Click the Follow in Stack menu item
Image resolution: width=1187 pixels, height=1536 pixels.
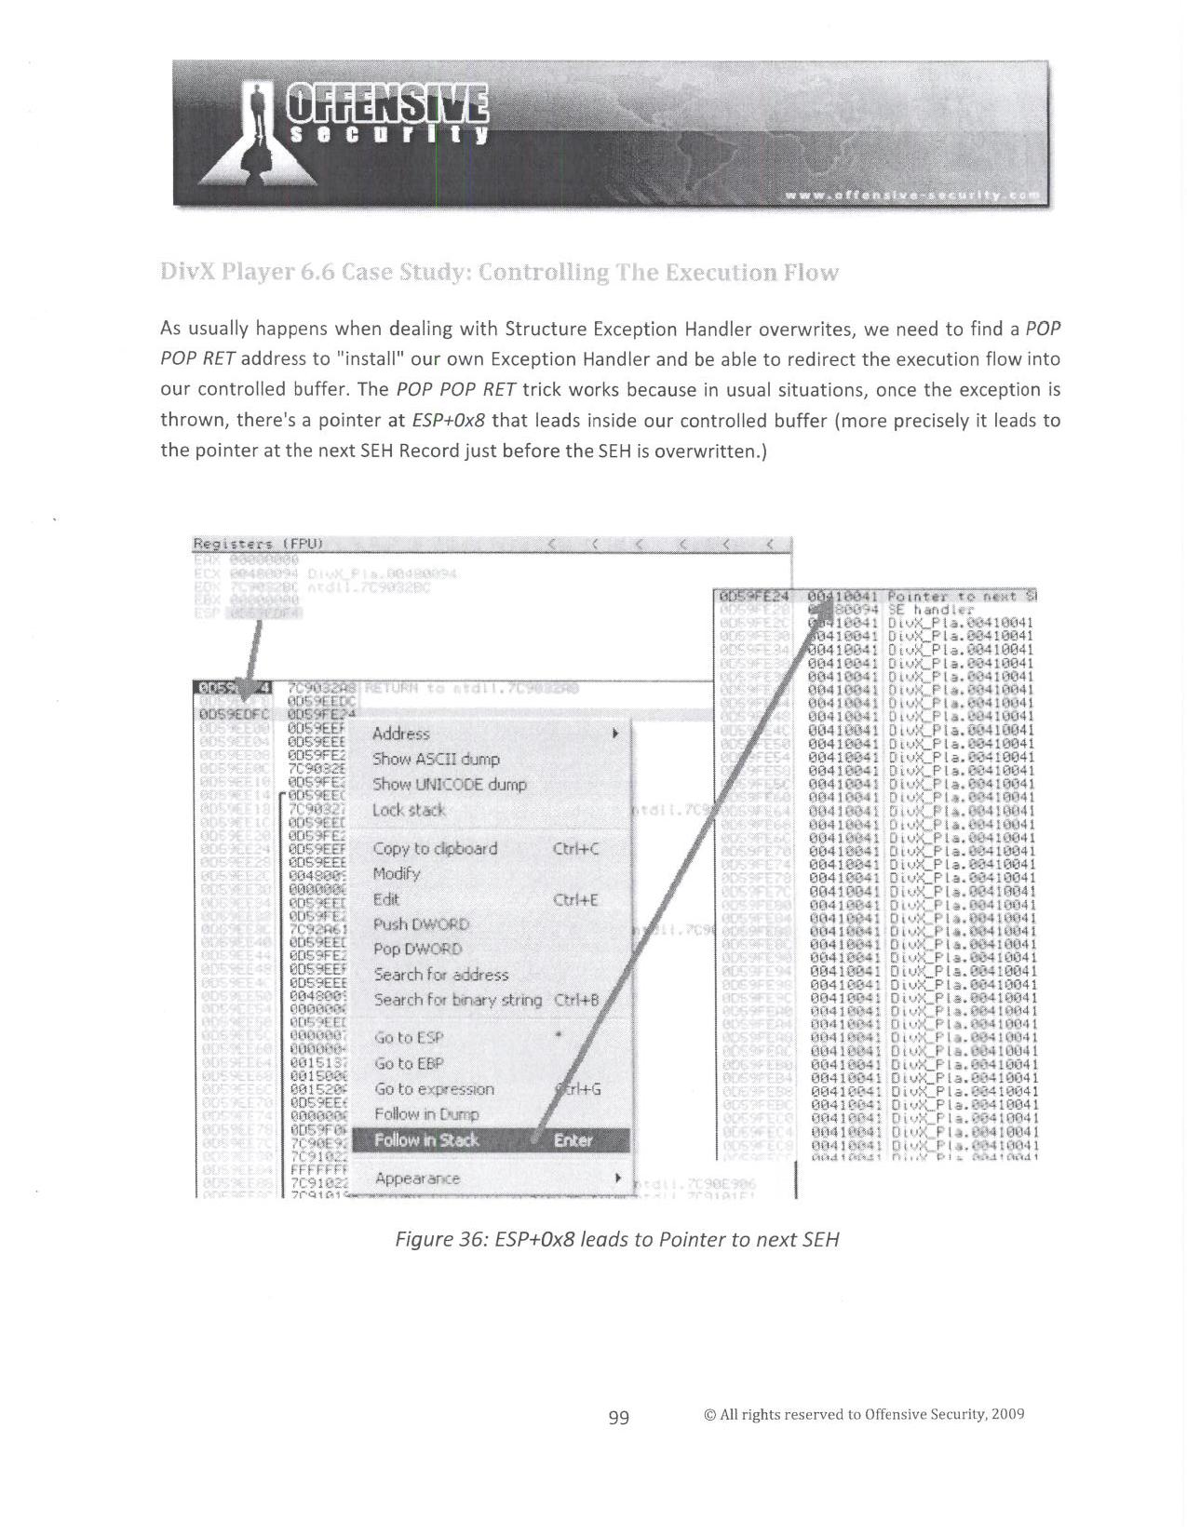pos(426,1140)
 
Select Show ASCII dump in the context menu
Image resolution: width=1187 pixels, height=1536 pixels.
pos(436,760)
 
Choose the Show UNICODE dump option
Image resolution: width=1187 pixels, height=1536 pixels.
pos(450,785)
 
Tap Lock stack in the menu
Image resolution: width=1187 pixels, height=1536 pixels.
pos(409,810)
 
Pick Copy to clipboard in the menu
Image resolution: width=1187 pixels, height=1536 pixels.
pos(435,849)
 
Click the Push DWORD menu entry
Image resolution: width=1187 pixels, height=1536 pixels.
pos(421,924)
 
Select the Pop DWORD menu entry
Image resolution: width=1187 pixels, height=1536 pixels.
pos(417,950)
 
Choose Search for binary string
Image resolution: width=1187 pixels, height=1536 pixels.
pos(457,1000)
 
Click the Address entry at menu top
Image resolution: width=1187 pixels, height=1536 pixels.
pos(400,734)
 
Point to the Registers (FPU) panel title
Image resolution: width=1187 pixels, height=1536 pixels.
pos(257,544)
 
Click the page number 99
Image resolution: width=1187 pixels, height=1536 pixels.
pos(618,1418)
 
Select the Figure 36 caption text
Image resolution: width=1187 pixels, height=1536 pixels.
pos(617,1240)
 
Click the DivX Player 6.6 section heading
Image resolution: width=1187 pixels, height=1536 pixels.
pos(499,273)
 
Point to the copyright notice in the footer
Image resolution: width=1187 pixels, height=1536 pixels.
pos(864,1415)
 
